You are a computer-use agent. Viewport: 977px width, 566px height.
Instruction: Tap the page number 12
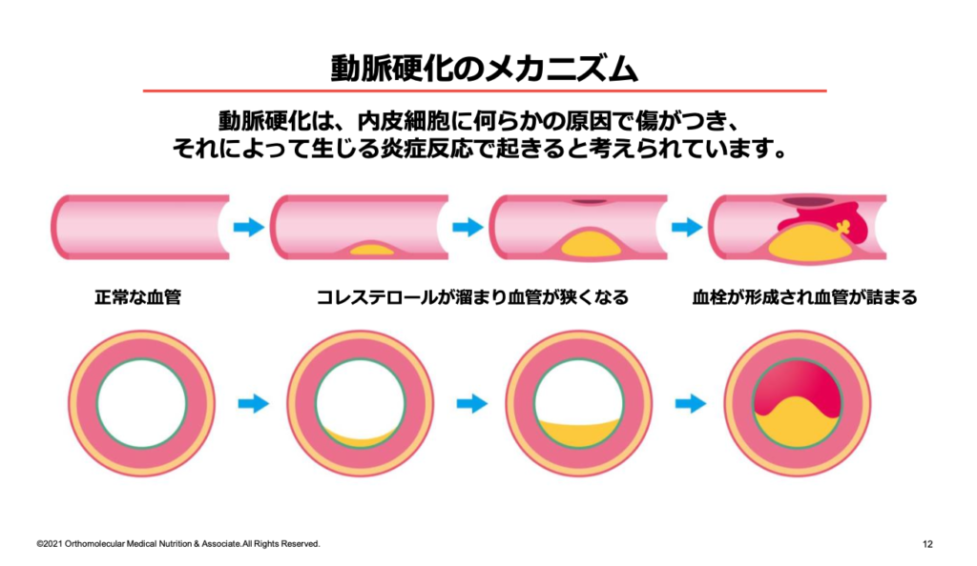click(927, 544)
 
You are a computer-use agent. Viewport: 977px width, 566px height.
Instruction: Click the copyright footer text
click(178, 544)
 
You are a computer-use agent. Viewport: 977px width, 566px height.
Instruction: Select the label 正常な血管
click(137, 297)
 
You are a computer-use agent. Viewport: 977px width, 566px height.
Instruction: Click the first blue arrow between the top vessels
click(248, 228)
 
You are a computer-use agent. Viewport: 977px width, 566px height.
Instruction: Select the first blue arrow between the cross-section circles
click(253, 404)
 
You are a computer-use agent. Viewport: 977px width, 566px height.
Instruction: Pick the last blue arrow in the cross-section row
click(690, 404)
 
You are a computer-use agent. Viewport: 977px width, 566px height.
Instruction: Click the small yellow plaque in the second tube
click(372, 251)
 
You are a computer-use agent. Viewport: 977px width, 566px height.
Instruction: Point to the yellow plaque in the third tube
click(592, 244)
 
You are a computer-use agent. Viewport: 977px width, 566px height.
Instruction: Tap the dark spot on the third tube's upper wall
click(589, 202)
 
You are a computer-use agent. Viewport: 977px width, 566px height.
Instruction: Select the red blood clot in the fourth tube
click(840, 217)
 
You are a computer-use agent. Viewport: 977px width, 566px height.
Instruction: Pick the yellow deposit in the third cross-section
click(578, 434)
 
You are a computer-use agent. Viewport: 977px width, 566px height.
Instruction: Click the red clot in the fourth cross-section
click(798, 386)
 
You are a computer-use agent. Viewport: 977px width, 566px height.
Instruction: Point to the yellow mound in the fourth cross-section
click(798, 424)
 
